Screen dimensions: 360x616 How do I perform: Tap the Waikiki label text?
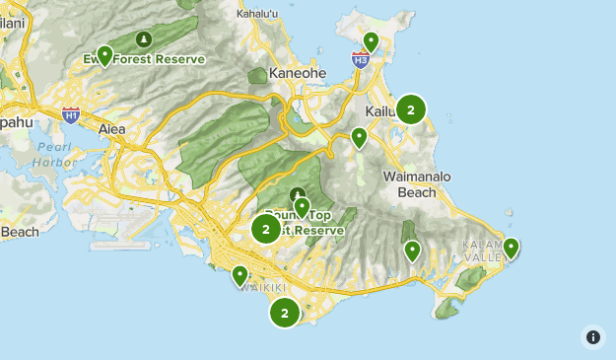point(254,287)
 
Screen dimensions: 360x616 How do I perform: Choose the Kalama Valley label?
point(485,251)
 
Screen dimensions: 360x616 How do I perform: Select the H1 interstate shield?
point(71,115)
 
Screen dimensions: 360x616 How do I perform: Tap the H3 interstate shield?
point(361,60)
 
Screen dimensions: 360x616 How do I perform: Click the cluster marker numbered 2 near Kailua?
point(411,109)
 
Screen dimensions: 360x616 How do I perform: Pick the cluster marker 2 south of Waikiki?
point(285,313)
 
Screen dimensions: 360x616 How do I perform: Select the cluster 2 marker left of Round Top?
point(266,229)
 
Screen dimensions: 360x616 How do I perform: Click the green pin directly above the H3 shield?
point(371,41)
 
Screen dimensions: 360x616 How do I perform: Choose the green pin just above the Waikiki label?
point(240,275)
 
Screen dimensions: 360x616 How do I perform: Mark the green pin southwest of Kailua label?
point(359,137)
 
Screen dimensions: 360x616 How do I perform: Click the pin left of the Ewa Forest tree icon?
point(104,55)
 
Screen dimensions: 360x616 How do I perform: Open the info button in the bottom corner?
point(593,336)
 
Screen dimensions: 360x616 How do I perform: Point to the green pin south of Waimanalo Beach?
point(412,251)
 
